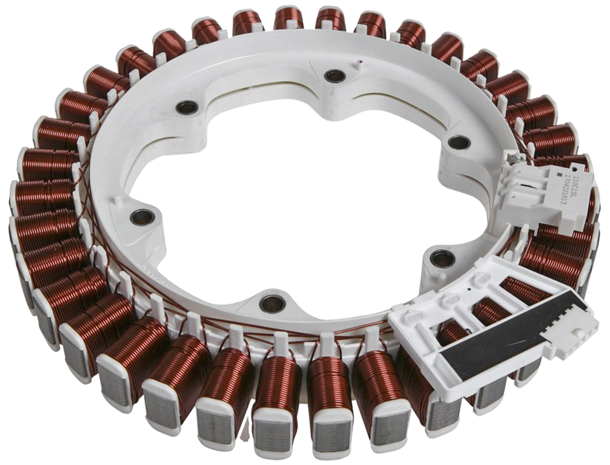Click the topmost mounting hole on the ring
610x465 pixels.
[335, 75]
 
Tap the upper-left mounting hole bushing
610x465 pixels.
[187, 107]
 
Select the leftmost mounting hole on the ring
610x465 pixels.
[142, 217]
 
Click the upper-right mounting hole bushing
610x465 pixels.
[459, 142]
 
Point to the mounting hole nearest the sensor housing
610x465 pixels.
[442, 259]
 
